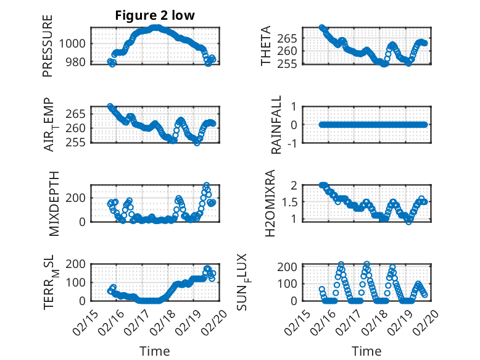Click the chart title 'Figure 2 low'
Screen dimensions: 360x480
154,15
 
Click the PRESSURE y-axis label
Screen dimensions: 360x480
48,45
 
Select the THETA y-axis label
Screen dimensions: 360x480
266,45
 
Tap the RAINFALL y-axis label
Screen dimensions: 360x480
277,124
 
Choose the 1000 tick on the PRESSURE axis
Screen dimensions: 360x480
76,43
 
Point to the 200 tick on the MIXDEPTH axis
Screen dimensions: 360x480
79,197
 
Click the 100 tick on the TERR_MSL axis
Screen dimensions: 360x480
79,283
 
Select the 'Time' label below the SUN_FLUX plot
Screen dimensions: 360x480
366,351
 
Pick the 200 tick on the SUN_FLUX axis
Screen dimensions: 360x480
295,266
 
